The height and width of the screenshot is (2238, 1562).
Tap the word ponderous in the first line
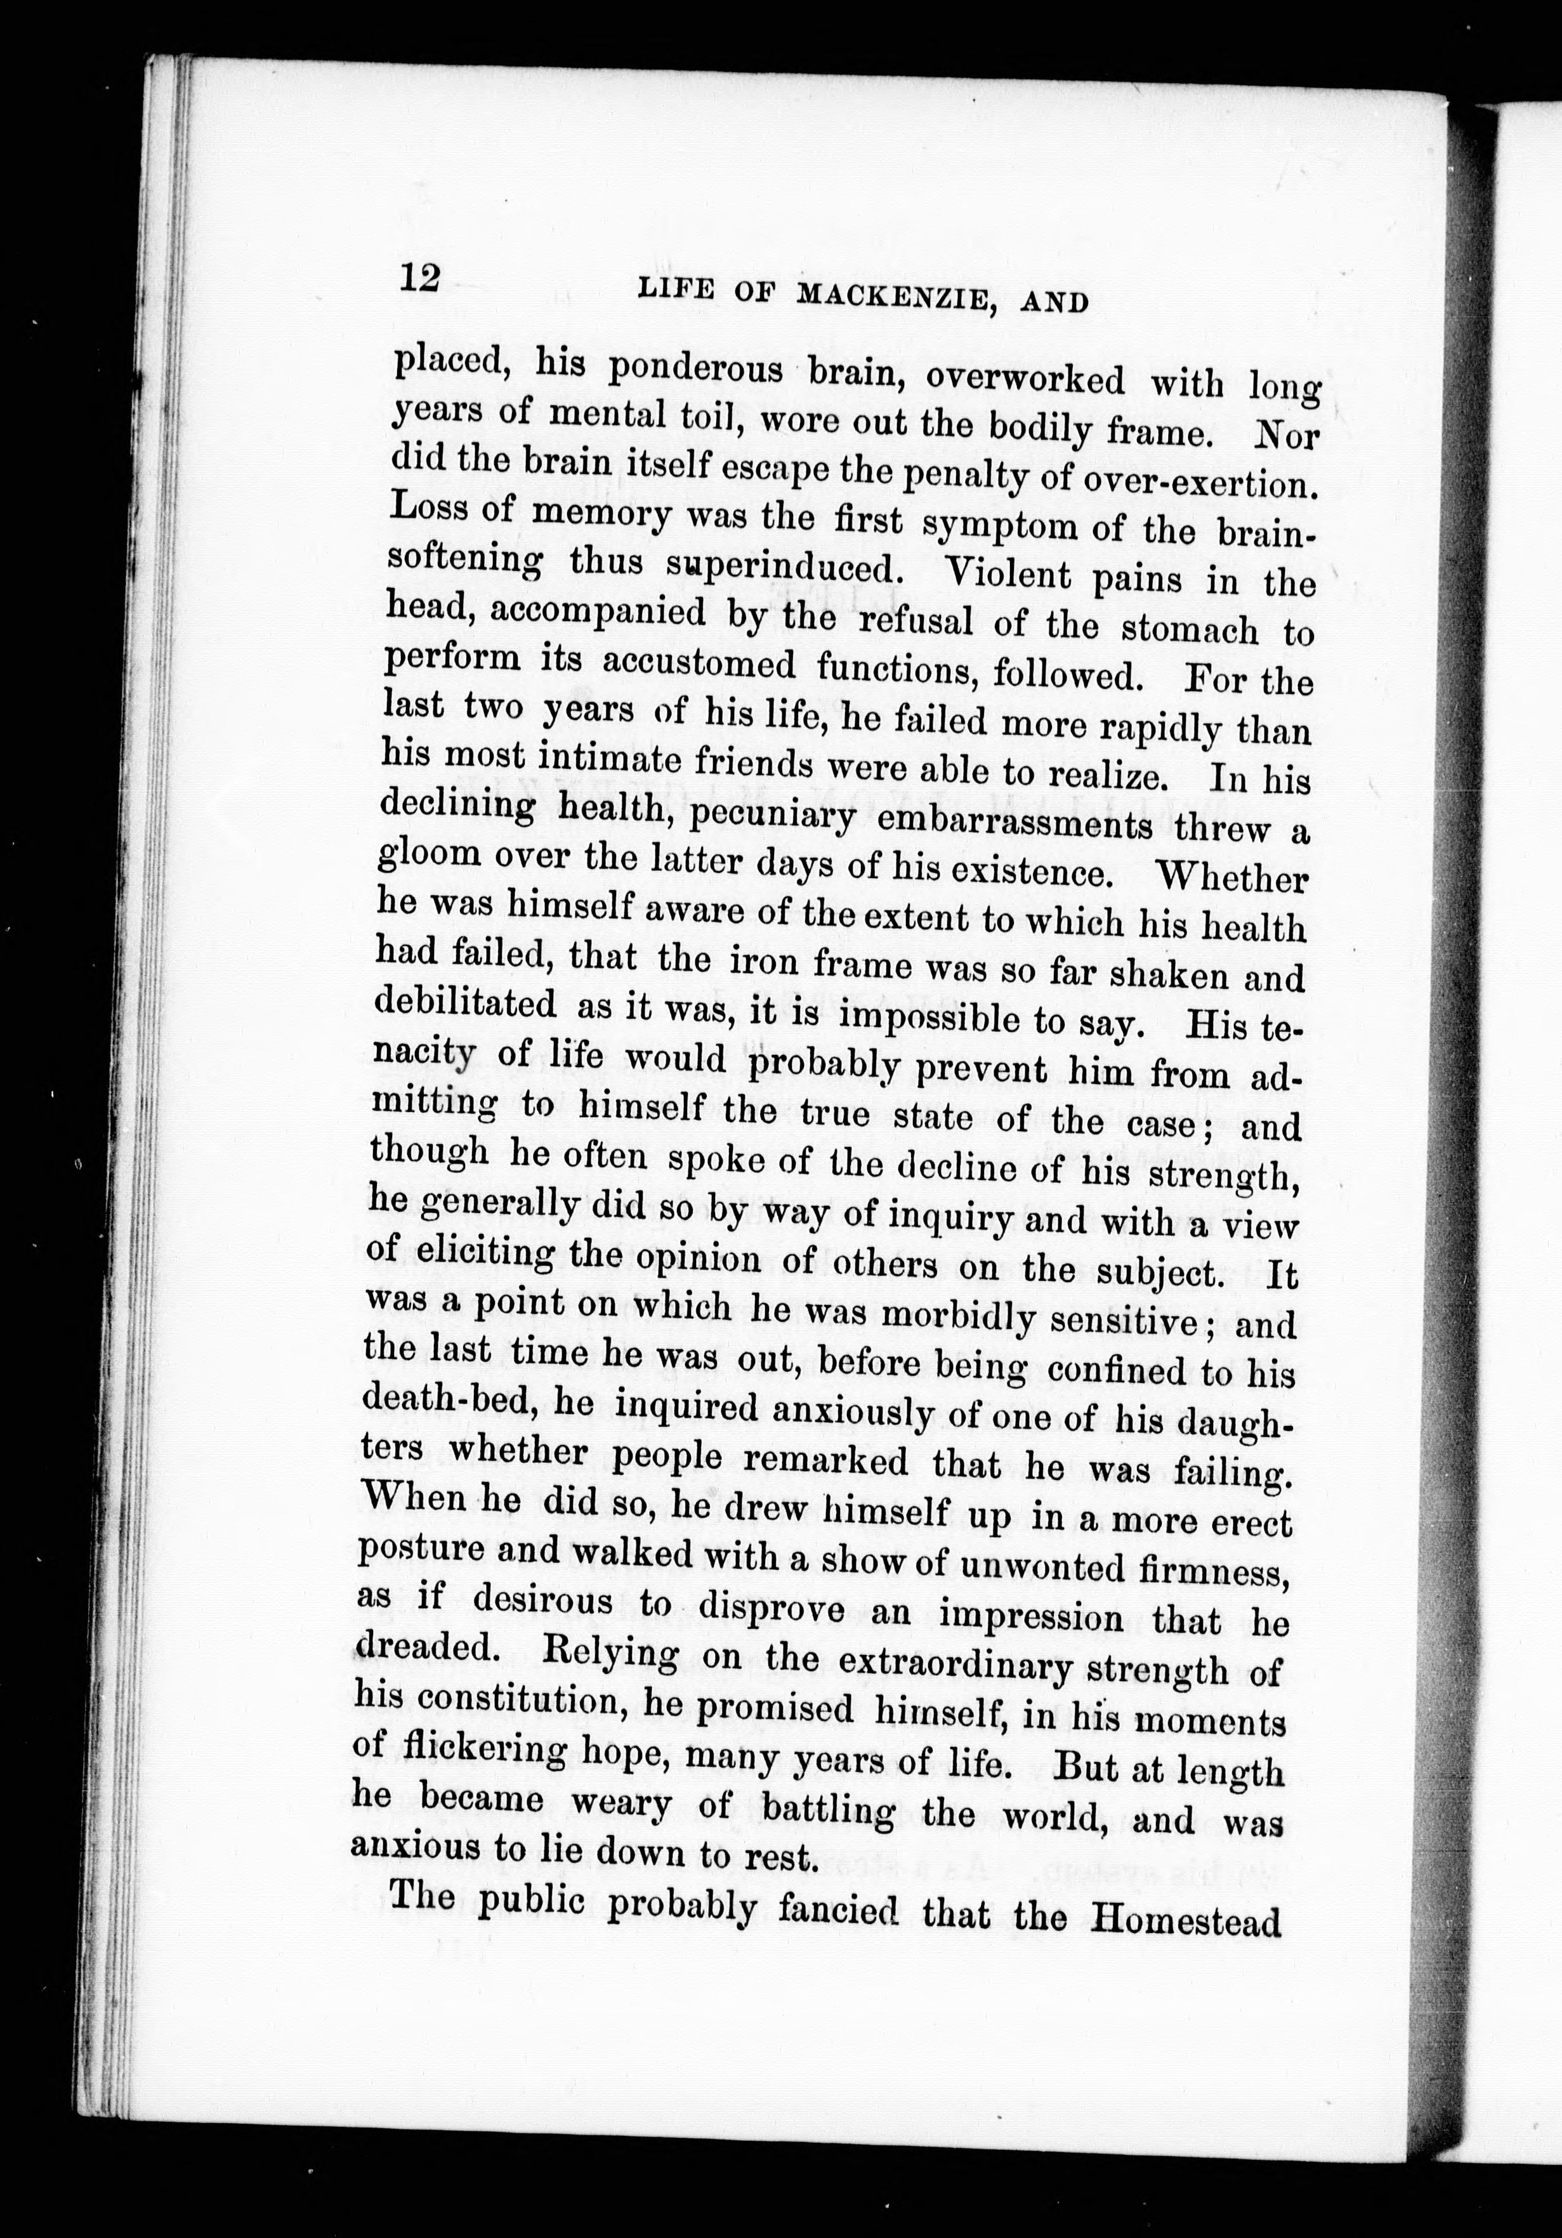695,371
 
